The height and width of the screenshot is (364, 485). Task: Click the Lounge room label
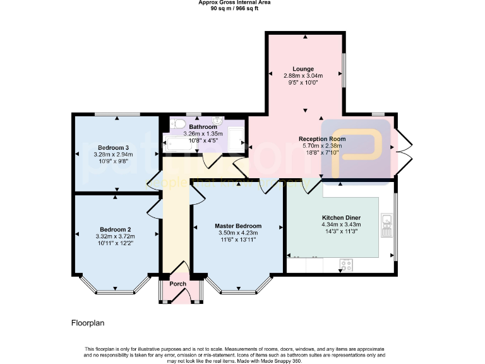(303, 69)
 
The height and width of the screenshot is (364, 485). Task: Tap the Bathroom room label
(203, 127)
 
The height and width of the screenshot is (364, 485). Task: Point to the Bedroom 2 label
(115, 229)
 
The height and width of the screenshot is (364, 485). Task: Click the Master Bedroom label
(237, 226)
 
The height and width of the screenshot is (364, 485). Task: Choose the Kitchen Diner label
(340, 217)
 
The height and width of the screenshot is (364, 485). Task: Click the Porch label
(178, 284)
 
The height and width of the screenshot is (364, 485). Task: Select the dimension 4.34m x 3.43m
(340, 224)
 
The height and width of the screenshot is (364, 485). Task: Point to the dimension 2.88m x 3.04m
(303, 76)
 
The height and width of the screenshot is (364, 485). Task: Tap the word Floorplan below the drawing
(88, 323)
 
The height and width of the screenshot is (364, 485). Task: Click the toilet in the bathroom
(177, 124)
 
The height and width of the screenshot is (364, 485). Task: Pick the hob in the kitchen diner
(346, 264)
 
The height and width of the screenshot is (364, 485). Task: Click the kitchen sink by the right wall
(387, 223)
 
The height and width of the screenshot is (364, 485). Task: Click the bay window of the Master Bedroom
(239, 288)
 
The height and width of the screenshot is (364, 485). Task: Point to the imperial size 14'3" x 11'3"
(340, 231)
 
